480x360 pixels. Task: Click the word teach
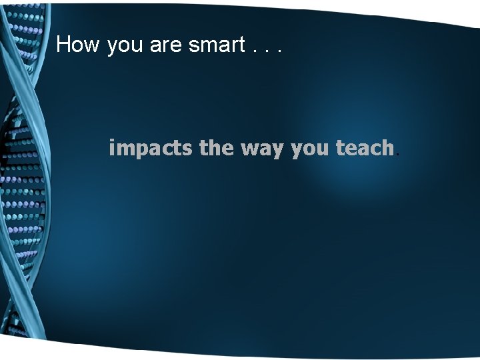(365, 147)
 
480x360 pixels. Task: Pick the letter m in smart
(209, 46)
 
